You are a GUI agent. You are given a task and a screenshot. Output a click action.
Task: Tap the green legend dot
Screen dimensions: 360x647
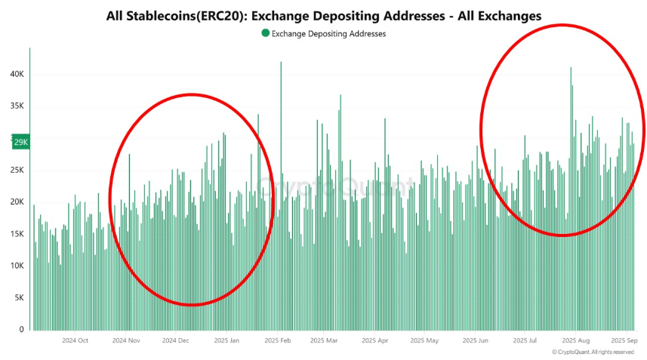point(264,32)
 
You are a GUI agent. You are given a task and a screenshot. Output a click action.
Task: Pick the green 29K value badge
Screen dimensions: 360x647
point(20,142)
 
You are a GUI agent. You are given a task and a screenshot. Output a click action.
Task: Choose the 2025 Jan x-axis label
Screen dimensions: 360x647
point(226,341)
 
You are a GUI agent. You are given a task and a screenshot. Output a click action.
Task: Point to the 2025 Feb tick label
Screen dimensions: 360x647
point(278,341)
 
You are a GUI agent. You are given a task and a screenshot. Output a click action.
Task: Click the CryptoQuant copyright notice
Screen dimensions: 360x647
point(593,352)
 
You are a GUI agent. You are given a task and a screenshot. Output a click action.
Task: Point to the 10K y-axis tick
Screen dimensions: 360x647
point(18,266)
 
